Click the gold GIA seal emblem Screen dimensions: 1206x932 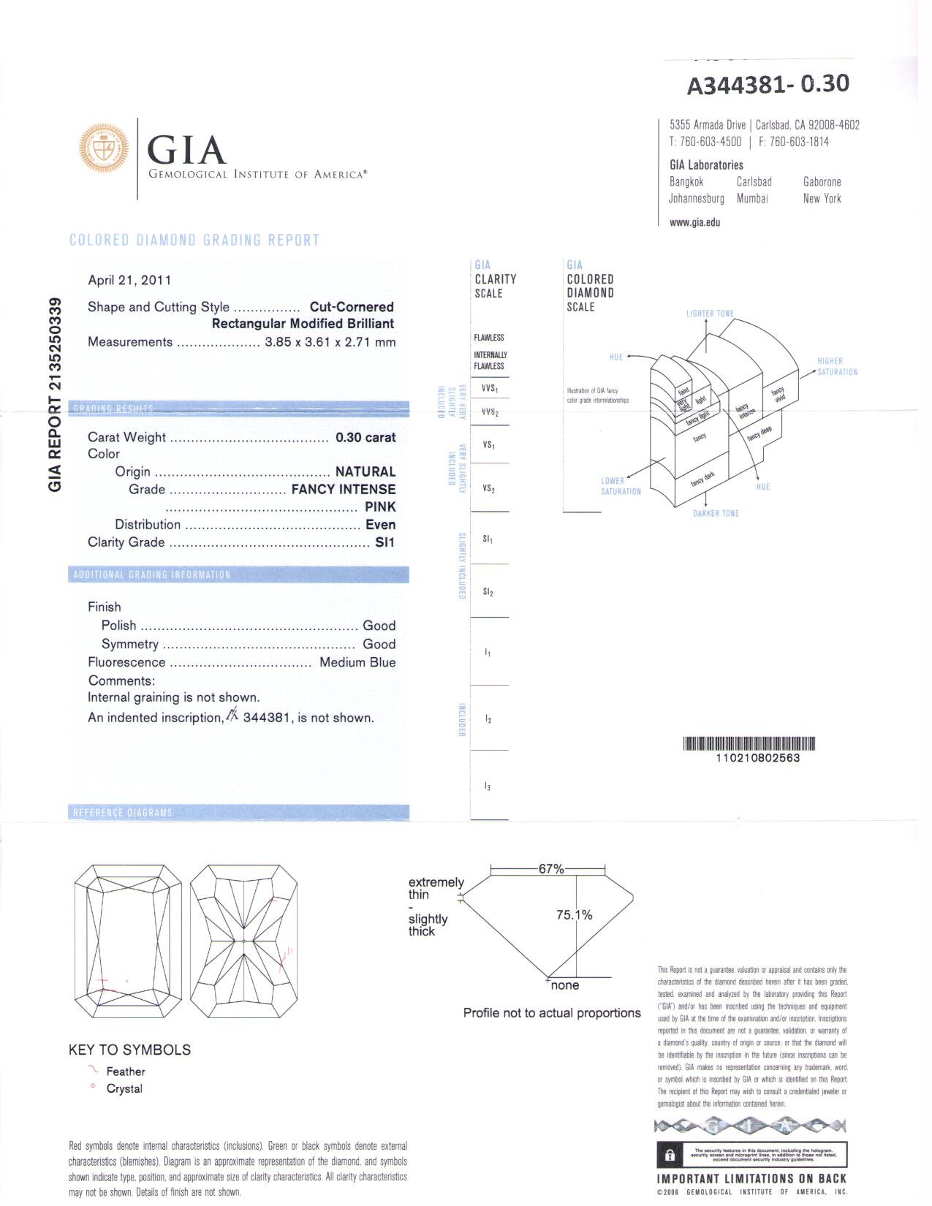[x=103, y=148]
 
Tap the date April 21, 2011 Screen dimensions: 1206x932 [x=129, y=280]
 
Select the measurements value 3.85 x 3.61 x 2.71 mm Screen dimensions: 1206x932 [x=330, y=342]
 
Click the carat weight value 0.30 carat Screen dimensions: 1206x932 [x=365, y=438]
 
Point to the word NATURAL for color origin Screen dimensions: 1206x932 [x=365, y=472]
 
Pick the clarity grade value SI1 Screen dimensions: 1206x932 [x=384, y=542]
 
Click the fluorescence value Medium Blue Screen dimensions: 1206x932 [x=357, y=663]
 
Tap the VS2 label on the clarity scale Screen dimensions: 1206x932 [x=488, y=488]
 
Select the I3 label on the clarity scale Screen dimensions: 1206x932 [x=488, y=786]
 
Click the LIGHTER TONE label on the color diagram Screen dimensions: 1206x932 [x=710, y=314]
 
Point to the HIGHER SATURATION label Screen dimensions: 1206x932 [x=837, y=366]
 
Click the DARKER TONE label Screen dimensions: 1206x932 [x=716, y=514]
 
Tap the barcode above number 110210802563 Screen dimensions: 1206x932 [x=749, y=744]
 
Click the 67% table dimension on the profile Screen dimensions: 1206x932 [x=551, y=869]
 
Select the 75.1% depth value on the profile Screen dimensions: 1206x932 [x=574, y=915]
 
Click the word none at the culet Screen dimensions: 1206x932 [x=565, y=985]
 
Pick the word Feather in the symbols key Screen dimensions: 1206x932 [x=126, y=1072]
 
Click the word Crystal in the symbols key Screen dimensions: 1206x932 [x=124, y=1089]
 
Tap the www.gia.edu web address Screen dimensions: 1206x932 [x=694, y=222]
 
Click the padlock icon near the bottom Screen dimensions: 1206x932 [x=670, y=1156]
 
